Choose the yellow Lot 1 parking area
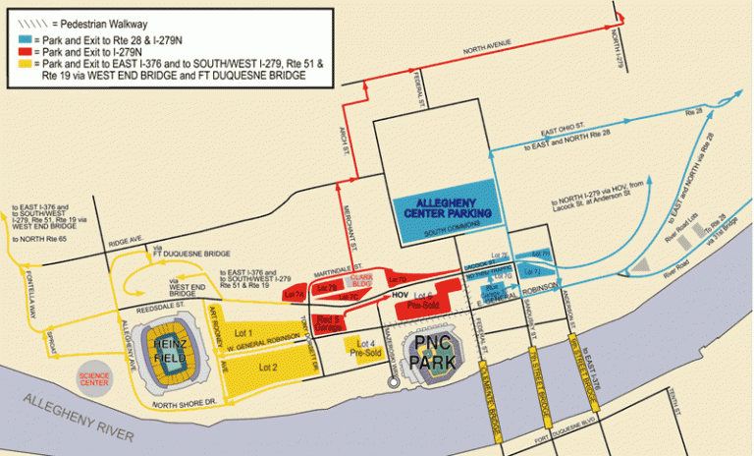tap(247, 333)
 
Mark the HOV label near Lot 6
tap(399, 294)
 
